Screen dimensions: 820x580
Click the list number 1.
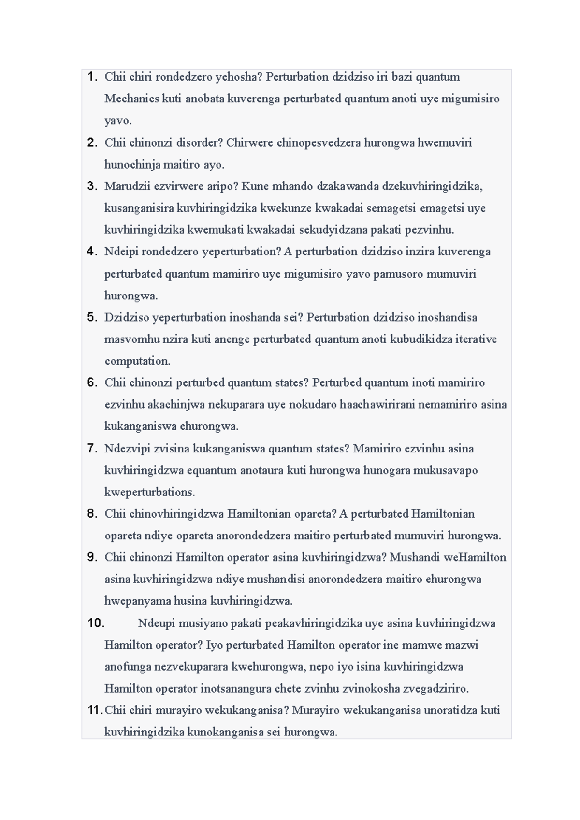click(92, 77)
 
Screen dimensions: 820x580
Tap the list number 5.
click(92, 317)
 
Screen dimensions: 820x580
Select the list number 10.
click(96, 623)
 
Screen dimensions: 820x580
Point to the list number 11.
click(95, 710)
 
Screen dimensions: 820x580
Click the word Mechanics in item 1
click(131, 99)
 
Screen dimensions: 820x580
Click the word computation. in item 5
click(138, 361)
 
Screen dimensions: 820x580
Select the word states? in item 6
click(292, 383)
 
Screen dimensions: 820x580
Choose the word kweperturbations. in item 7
click(150, 492)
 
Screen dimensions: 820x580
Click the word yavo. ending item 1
click(118, 121)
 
